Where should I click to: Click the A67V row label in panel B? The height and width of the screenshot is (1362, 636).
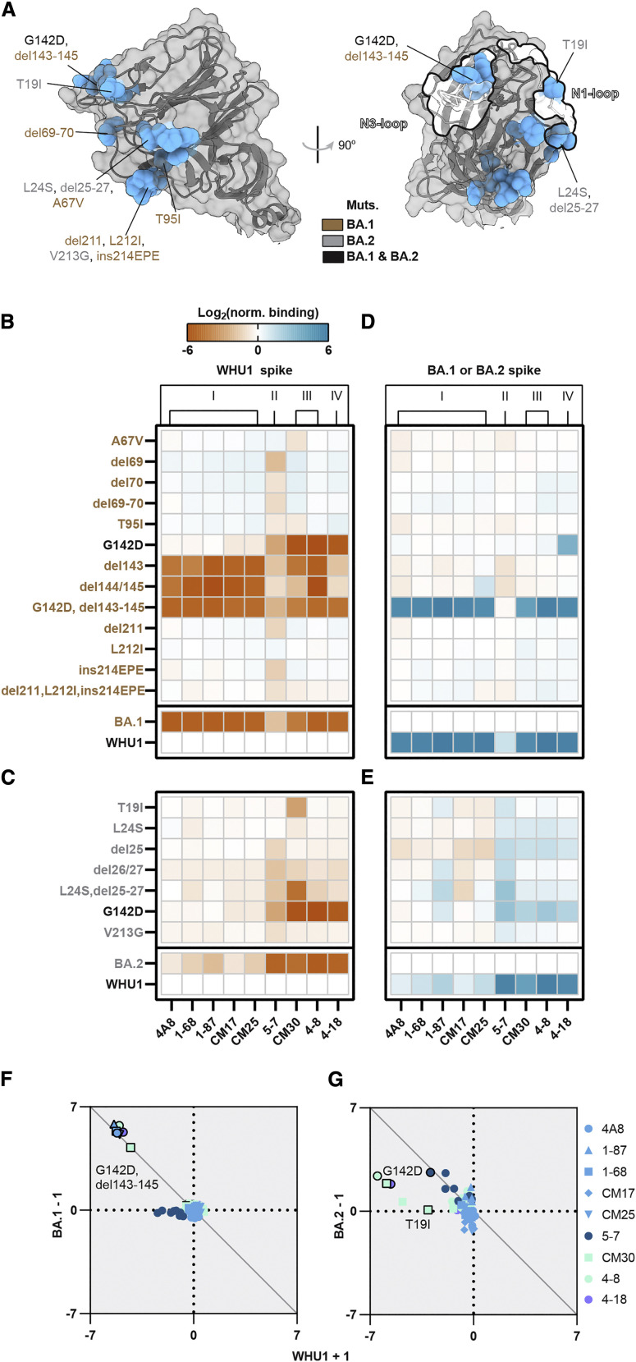point(127,440)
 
